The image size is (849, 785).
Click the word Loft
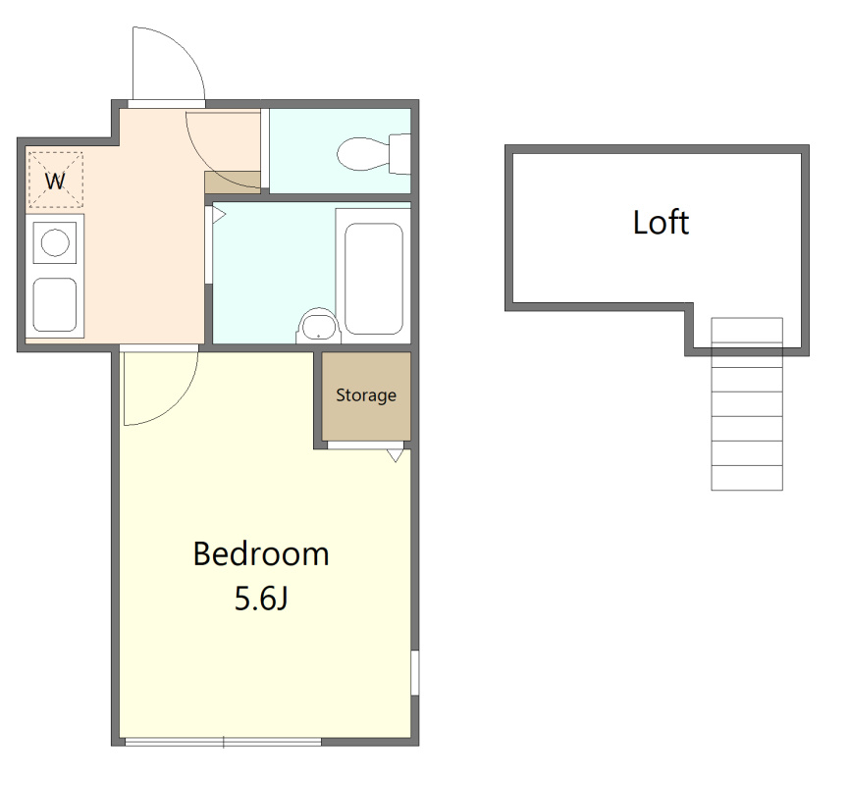tap(661, 223)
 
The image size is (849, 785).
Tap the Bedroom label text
tap(261, 553)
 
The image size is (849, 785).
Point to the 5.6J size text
tap(260, 599)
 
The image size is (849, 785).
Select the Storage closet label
tap(366, 395)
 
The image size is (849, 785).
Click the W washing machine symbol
tap(55, 181)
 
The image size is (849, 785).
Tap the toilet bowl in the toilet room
tap(363, 154)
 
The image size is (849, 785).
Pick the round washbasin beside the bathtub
tap(319, 327)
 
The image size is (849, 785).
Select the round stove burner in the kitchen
tap(55, 242)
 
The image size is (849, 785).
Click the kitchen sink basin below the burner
tap(55, 304)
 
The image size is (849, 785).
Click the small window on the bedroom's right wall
tap(415, 672)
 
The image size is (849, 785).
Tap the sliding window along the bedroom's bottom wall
tap(223, 742)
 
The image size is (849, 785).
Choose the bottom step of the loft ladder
tap(747, 478)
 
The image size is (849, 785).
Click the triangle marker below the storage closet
tap(396, 455)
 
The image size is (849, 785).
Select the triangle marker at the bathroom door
tap(219, 215)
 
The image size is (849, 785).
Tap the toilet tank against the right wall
tap(399, 154)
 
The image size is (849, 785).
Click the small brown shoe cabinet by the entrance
tap(233, 182)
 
